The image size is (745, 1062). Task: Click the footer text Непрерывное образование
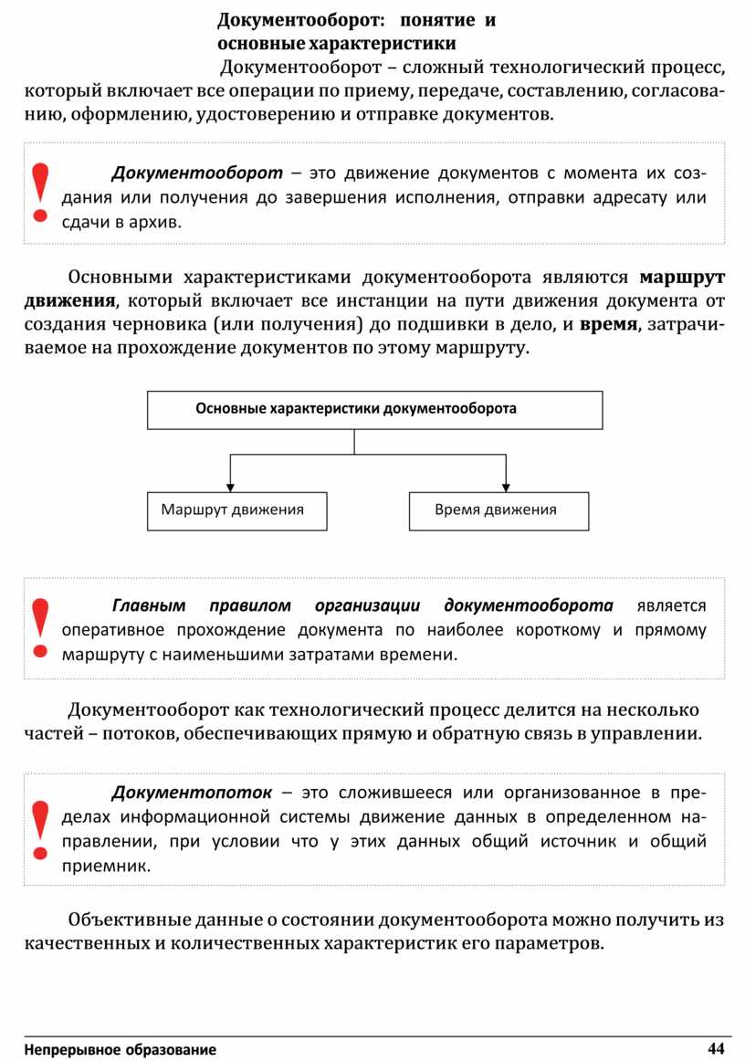point(121,1049)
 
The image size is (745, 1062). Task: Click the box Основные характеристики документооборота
point(374,409)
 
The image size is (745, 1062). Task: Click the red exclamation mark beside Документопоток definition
point(39,829)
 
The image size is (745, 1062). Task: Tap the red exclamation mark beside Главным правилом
point(39,628)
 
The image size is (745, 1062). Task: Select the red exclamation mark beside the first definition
point(39,193)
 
